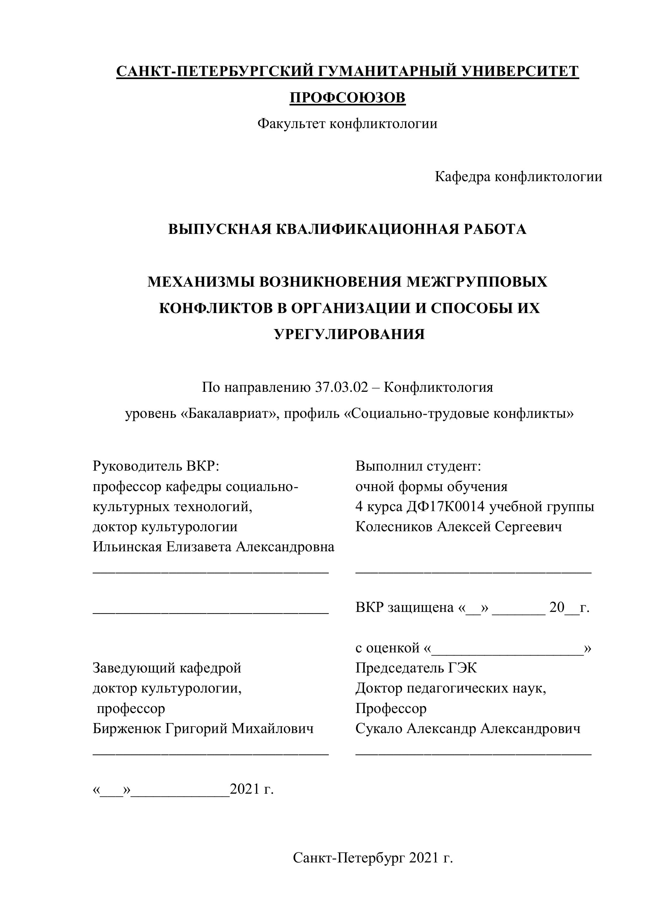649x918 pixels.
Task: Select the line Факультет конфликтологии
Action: [x=347, y=124]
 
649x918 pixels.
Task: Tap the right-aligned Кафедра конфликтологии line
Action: [x=518, y=176]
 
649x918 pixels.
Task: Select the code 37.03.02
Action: [x=341, y=387]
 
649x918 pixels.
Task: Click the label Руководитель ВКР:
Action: [x=156, y=466]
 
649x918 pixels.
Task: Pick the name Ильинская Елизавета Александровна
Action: [x=214, y=547]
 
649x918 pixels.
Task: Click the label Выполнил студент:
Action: [x=418, y=466]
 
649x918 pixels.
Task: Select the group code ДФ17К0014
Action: [x=446, y=507]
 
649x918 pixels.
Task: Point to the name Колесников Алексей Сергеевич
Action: [x=459, y=526]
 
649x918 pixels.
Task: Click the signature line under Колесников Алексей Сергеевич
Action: [x=473, y=573]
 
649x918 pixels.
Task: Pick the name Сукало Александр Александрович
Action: [x=468, y=728]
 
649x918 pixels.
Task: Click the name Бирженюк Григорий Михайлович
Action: [x=203, y=728]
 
